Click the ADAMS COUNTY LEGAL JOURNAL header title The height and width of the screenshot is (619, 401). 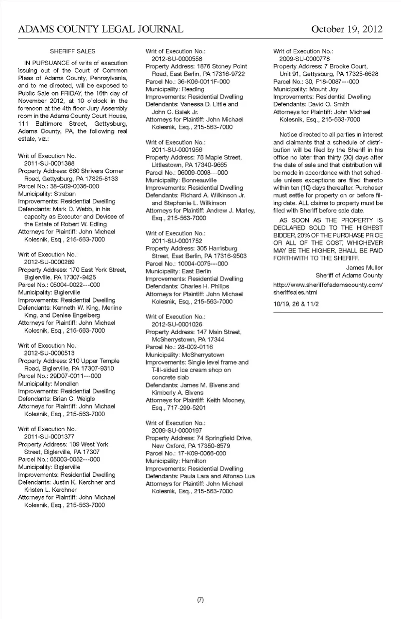pos(101,29)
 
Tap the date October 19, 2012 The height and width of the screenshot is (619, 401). pos(346,29)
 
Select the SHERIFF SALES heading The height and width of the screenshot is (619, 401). pos(73,51)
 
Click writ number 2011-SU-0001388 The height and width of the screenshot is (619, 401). pos(49,164)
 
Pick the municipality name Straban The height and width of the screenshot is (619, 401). pos(64,194)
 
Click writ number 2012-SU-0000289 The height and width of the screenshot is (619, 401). pos(49,262)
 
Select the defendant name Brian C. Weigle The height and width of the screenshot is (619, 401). pos(74,399)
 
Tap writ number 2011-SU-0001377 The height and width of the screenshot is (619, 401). pos(49,437)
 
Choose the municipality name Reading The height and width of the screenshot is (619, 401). pos(193,89)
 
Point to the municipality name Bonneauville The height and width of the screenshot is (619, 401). pos(199,180)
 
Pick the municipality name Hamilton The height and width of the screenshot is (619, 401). pos(194,461)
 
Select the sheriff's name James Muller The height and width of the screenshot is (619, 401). pos(364,268)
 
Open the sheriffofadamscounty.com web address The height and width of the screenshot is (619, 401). pos(327,288)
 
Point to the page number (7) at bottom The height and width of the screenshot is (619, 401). pos(200,600)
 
